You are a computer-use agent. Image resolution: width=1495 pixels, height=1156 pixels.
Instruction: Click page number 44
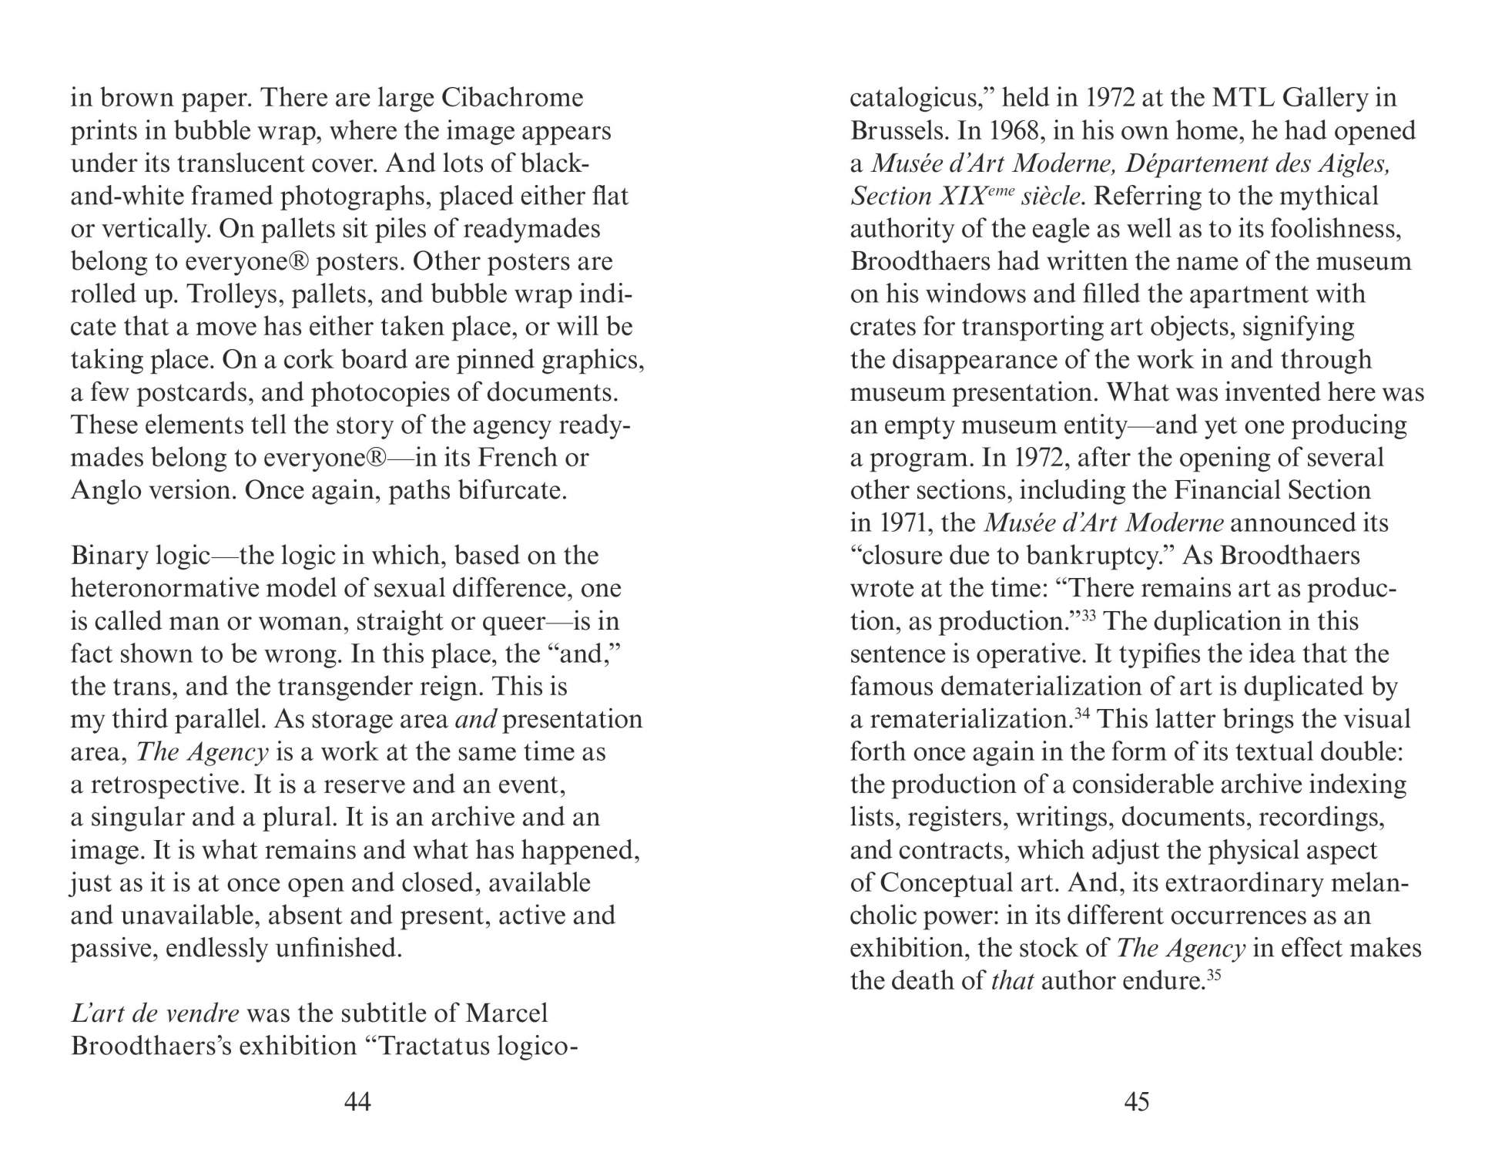[357, 1101]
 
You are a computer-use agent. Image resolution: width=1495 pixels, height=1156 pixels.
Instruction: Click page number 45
[1137, 1101]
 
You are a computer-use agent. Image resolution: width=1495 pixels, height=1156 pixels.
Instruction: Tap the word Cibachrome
[511, 98]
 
